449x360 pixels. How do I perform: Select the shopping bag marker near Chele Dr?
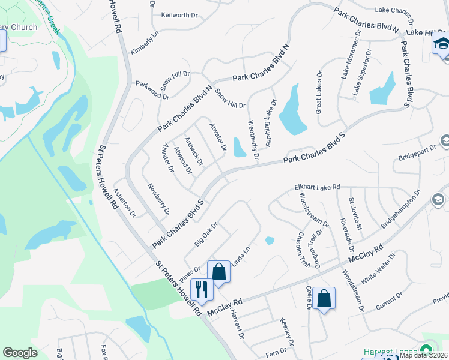pos(324,298)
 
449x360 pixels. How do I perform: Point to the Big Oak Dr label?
pos(205,235)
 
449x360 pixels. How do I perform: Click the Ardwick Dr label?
pos(194,152)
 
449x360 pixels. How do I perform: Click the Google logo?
pos(20,353)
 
